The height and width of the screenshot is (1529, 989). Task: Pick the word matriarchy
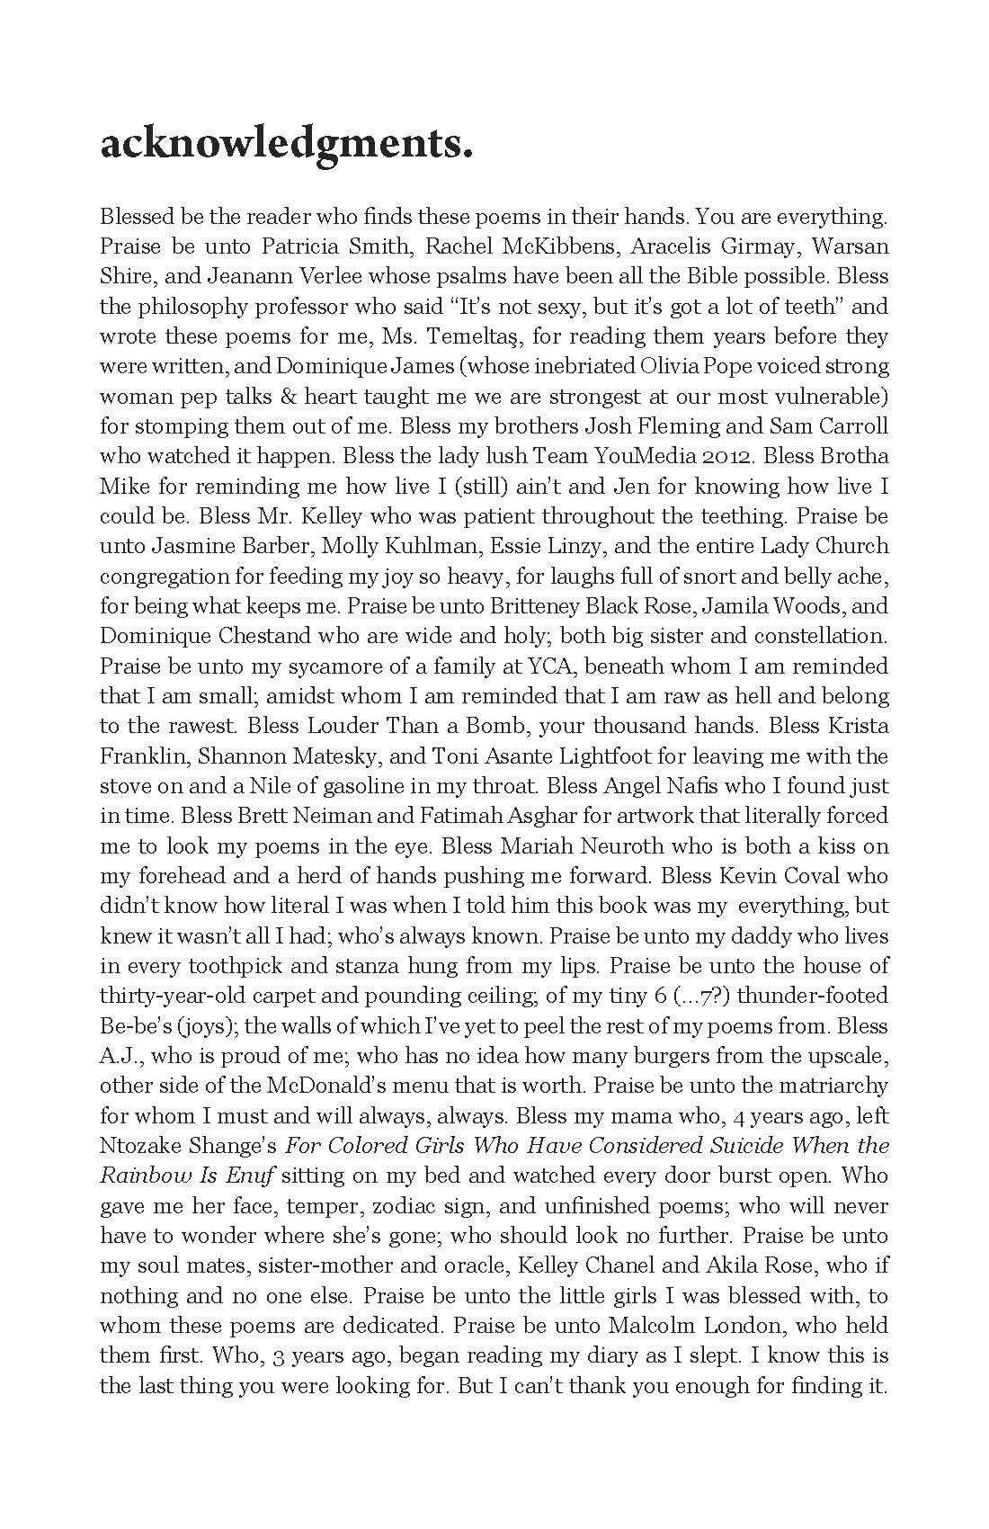tap(830, 1086)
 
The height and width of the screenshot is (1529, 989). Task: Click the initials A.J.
tap(118, 1056)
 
